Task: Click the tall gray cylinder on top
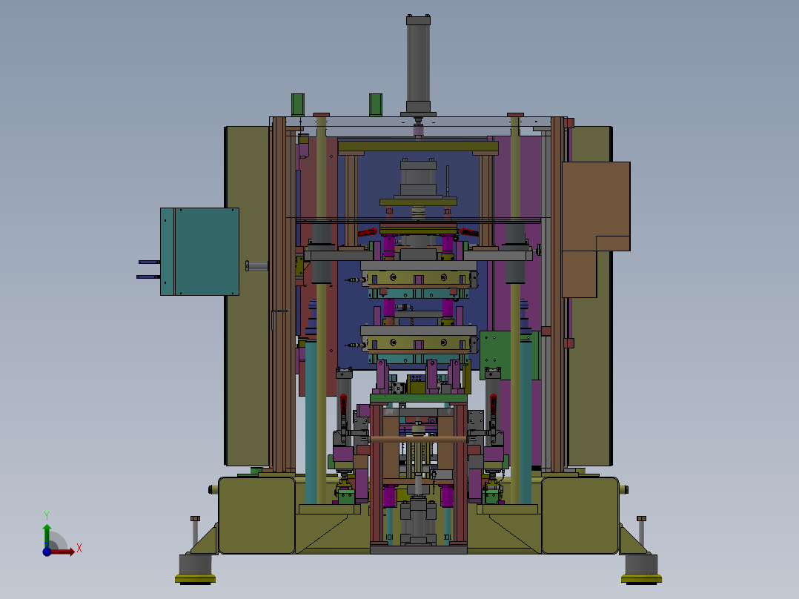pos(418,64)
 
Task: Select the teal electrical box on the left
pos(200,251)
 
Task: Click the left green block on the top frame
pos(298,105)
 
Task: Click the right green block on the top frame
pos(376,105)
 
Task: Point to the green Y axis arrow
pos(47,535)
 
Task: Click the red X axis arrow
pos(62,551)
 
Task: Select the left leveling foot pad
pos(195,578)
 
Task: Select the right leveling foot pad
pos(642,578)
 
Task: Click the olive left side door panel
pos(248,296)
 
